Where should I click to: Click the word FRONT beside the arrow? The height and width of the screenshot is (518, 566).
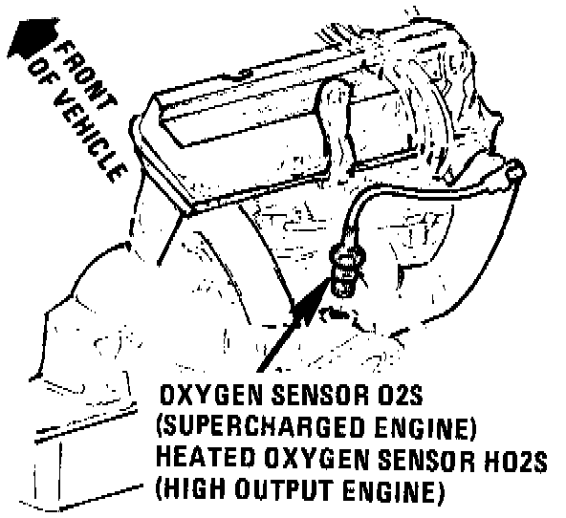[86, 75]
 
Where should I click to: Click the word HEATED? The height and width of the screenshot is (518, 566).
[206, 458]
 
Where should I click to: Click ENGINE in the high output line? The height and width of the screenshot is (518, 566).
[393, 489]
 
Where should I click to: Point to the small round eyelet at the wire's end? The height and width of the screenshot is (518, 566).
[515, 170]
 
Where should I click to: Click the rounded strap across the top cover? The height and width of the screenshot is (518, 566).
[334, 119]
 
